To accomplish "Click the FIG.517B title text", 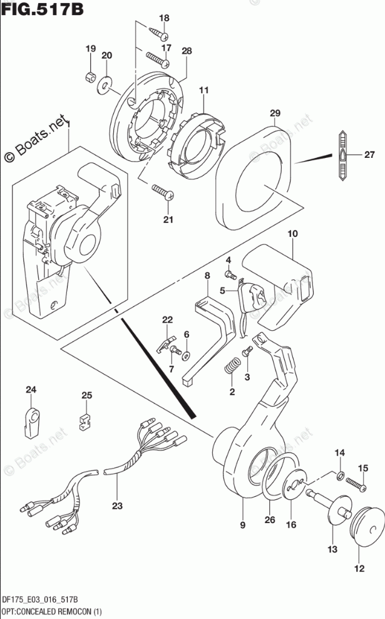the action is (42, 9).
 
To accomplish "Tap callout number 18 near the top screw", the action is (164, 18).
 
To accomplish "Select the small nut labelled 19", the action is (90, 75).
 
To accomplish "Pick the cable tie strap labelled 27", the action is (342, 155).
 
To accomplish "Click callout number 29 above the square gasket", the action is (275, 113).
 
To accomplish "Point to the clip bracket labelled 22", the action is (165, 343).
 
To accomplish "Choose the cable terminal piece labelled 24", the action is (31, 423).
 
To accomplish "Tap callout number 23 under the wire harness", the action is (117, 506).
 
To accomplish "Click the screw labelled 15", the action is (356, 484).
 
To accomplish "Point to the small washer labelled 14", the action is (341, 476).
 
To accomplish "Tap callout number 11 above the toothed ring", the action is (203, 90).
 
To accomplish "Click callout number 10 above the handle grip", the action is (292, 234).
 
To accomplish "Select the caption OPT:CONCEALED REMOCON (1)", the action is (52, 611).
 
